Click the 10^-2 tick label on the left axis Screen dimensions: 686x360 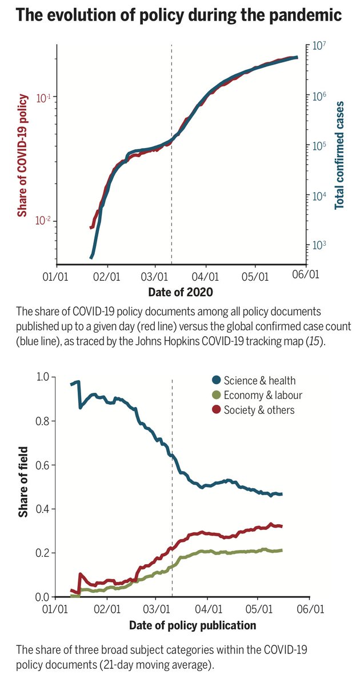(44, 221)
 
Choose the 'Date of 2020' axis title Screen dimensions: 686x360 (180, 292)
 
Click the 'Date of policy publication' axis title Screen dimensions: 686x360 (193, 625)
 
